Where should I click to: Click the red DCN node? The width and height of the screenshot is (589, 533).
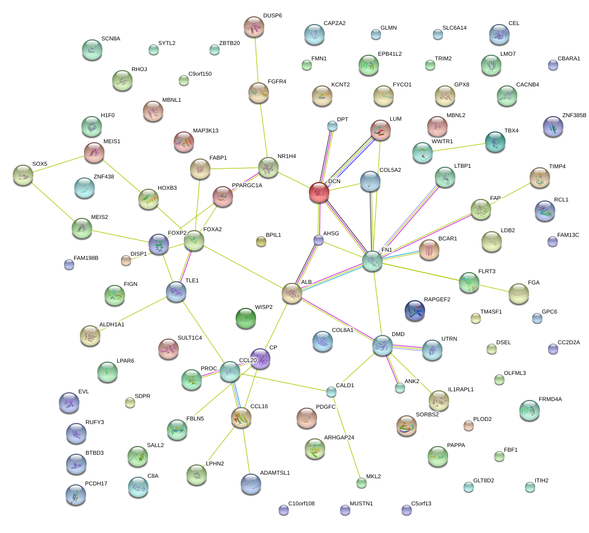pyautogui.click(x=319, y=192)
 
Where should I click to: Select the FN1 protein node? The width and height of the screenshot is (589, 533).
pyautogui.click(x=372, y=261)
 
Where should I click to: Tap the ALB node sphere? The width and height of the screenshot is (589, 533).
pyautogui.click(x=291, y=294)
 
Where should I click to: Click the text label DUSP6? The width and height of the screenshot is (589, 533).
pyautogui.click(x=272, y=15)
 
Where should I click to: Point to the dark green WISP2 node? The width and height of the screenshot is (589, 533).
pyautogui.click(x=245, y=318)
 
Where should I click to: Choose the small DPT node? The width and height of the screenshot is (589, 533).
pyautogui.click(x=332, y=125)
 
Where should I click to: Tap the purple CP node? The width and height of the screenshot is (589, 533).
pyautogui.click(x=260, y=359)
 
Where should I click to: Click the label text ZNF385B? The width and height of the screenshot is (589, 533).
pyautogui.click(x=574, y=115)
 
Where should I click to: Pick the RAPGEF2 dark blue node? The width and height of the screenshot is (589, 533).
pyautogui.click(x=414, y=309)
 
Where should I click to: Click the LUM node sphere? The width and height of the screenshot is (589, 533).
pyautogui.click(x=381, y=130)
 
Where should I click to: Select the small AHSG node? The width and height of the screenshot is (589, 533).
pyautogui.click(x=319, y=239)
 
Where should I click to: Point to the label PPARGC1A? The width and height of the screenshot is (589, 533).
pyautogui.click(x=247, y=185)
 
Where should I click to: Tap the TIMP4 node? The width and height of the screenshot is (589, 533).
pyautogui.click(x=539, y=177)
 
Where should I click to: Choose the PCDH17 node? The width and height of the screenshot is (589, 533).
pyautogui.click(x=76, y=494)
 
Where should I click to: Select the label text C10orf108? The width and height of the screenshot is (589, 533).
pyautogui.click(x=301, y=503)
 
